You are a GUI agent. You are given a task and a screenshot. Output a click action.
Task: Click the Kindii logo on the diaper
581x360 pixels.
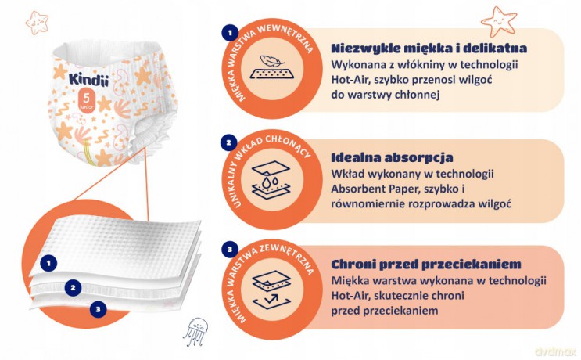click(89, 79)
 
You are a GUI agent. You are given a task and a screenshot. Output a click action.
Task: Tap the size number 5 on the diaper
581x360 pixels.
click(86, 98)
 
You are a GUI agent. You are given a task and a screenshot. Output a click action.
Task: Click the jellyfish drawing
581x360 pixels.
click(195, 331)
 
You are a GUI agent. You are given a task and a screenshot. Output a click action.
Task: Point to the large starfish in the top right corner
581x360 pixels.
click(499, 21)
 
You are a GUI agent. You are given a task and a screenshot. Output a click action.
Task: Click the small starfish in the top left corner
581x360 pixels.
click(37, 22)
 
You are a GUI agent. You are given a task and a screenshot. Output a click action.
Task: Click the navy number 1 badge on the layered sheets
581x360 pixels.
click(48, 264)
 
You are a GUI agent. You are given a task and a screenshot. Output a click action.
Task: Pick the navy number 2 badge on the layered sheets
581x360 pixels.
click(73, 288)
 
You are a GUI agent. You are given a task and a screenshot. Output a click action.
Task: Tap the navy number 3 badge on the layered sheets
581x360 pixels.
click(99, 309)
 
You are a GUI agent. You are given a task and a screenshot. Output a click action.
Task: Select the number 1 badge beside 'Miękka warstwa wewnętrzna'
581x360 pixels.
click(230, 33)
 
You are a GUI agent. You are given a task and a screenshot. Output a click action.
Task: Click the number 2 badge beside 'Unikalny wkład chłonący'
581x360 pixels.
click(228, 142)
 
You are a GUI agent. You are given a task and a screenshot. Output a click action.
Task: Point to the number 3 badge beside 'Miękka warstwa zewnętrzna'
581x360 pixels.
click(230, 249)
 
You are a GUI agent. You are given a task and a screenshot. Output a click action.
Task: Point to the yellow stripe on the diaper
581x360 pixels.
click(89, 152)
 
